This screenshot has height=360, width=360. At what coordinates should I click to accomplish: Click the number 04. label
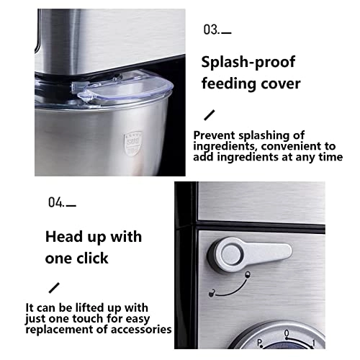(x=56, y=202)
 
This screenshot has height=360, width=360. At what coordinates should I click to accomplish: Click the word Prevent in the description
(x=214, y=135)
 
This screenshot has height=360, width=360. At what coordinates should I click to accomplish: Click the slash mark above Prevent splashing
(x=209, y=114)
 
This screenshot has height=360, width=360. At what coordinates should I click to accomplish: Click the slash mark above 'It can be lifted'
(x=54, y=288)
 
